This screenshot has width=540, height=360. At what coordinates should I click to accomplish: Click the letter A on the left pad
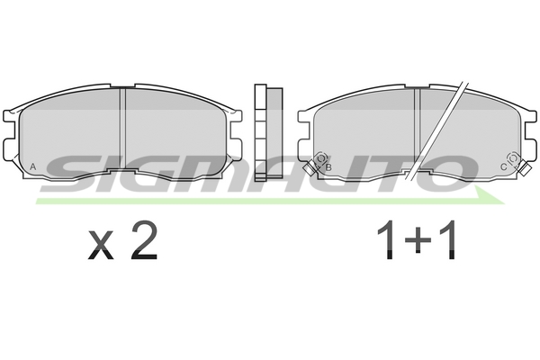point(33,166)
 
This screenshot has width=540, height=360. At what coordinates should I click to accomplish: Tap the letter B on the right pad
point(328,167)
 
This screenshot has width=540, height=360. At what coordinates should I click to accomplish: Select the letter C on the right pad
point(503,167)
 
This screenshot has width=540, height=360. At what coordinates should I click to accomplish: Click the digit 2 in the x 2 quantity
point(144,240)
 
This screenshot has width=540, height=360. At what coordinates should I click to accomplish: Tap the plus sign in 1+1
point(418,240)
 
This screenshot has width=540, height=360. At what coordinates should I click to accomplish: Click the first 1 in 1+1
point(386,240)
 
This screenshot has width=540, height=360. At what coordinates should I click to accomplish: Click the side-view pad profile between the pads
point(268,132)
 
